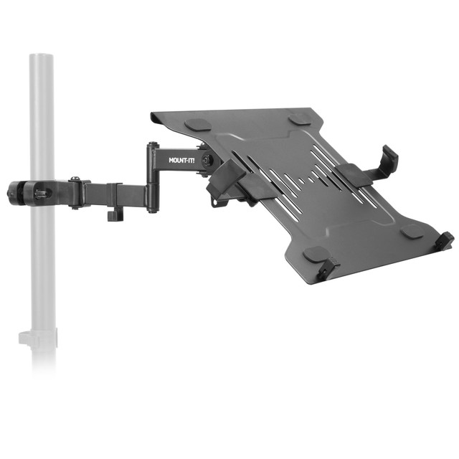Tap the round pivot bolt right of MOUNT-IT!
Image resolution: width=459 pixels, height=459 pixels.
tap(207, 159)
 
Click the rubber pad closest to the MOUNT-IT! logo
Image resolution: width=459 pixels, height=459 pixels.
tap(199, 124)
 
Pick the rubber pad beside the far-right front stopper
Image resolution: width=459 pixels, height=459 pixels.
tap(412, 231)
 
